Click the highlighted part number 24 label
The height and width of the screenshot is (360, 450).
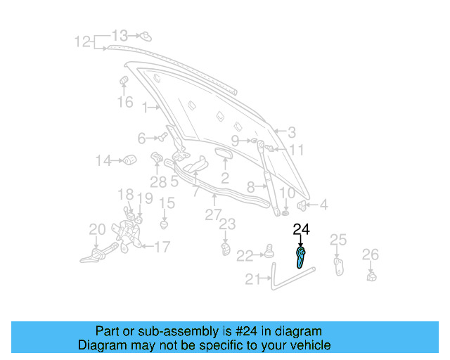[x=301, y=229]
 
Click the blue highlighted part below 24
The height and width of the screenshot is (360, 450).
[x=300, y=258]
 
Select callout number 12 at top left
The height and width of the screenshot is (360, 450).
[x=82, y=41]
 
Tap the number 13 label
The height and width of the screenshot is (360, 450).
[x=120, y=34]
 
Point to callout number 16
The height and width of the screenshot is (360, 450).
[x=124, y=103]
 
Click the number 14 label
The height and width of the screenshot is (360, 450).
[x=103, y=161]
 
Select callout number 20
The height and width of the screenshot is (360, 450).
[x=97, y=229]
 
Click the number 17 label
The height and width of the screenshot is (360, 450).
[x=162, y=247]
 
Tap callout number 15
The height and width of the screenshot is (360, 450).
[x=166, y=203]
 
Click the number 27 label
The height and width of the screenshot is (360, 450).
[x=213, y=215]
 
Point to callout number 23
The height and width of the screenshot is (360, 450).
[x=226, y=224]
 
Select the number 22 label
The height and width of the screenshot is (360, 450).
[x=244, y=255]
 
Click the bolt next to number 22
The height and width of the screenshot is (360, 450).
[x=268, y=251]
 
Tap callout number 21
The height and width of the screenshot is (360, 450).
[x=252, y=279]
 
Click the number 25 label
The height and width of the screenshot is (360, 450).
[x=338, y=240]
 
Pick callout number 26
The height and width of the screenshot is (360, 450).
[x=370, y=254]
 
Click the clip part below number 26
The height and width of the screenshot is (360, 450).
[x=371, y=275]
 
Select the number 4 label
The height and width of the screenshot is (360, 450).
[x=323, y=205]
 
